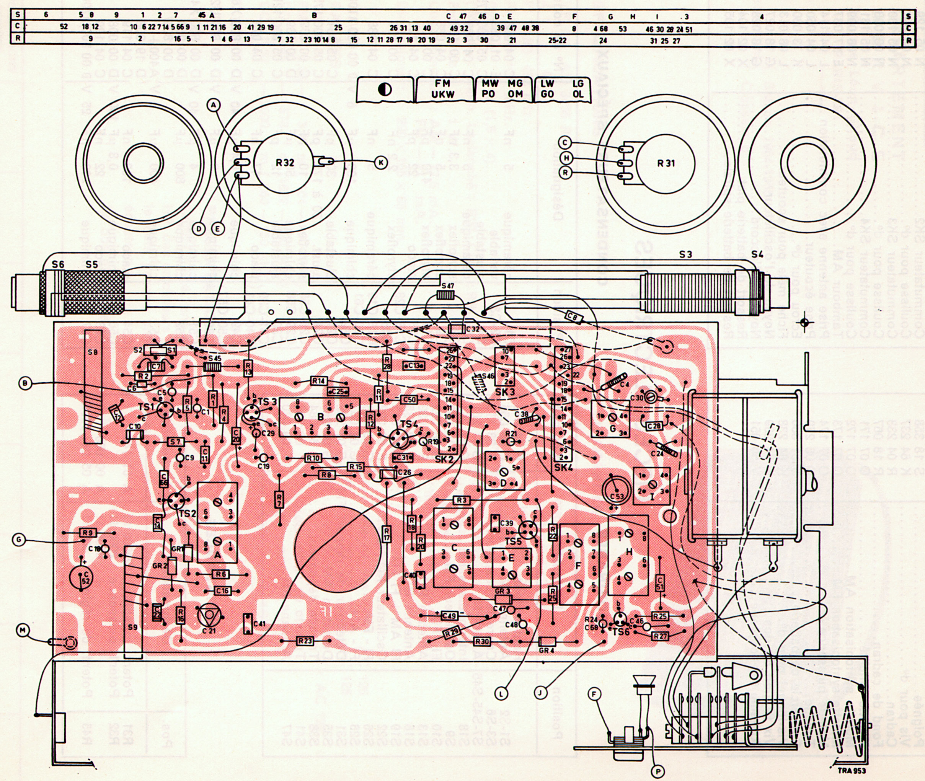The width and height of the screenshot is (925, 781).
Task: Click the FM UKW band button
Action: [442, 88]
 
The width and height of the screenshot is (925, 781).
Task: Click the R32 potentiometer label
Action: [285, 163]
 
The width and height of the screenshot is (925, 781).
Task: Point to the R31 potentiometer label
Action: [666, 163]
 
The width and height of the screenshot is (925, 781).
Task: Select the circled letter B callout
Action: [26, 384]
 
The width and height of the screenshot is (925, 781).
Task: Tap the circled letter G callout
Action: [19, 539]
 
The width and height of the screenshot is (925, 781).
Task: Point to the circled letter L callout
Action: [502, 694]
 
